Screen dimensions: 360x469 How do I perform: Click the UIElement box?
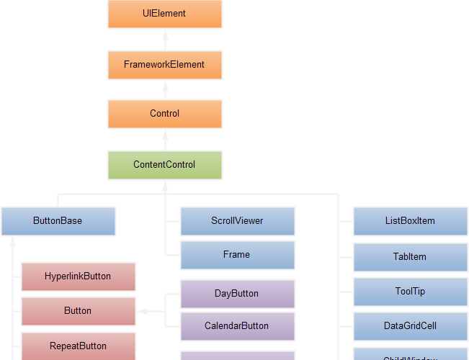tap(164, 14)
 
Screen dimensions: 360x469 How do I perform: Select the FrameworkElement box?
tap(164, 64)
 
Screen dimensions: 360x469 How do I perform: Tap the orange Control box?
tap(164, 114)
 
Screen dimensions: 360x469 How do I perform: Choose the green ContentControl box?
tap(164, 164)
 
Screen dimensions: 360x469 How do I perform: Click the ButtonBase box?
tap(58, 221)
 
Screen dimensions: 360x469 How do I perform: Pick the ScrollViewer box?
tap(237, 221)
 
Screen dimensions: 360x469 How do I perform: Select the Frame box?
tap(237, 255)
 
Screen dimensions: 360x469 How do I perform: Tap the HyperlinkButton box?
tap(78, 276)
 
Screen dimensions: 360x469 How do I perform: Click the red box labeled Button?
tap(78, 311)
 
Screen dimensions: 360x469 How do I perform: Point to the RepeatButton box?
tap(78, 346)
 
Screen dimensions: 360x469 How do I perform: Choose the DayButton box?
tap(237, 294)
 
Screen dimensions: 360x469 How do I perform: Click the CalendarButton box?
tap(237, 326)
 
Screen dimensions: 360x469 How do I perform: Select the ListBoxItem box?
tap(410, 221)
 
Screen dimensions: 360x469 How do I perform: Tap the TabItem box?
tap(410, 257)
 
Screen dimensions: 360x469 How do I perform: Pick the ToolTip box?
tap(410, 292)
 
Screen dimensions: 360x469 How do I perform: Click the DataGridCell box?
tap(410, 326)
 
